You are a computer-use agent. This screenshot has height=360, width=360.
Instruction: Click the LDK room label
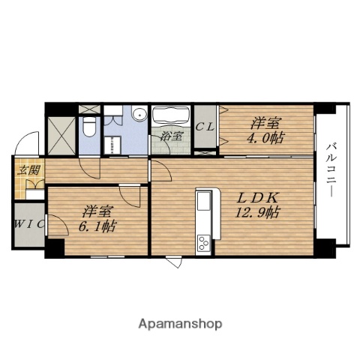[x=257, y=198]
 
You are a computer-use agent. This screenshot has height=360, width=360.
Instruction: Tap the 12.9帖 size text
[x=257, y=213]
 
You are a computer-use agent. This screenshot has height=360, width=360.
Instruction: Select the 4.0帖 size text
[x=265, y=137]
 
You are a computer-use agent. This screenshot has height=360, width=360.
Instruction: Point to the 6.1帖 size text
[x=97, y=226]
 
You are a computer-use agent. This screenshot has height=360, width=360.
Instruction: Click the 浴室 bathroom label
[x=171, y=136]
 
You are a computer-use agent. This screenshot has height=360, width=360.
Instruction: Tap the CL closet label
[x=205, y=127]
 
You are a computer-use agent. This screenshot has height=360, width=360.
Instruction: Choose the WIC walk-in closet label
[x=29, y=223]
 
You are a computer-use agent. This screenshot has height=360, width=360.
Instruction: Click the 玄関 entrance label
[x=28, y=170]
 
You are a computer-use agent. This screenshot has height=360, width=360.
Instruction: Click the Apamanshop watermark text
[x=180, y=324]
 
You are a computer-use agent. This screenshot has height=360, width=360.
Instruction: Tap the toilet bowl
[x=88, y=127]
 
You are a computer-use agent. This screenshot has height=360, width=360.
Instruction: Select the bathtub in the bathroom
[x=171, y=115]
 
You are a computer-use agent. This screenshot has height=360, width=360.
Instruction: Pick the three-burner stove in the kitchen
[x=203, y=243]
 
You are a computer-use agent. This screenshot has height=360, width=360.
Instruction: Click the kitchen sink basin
[x=203, y=201]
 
